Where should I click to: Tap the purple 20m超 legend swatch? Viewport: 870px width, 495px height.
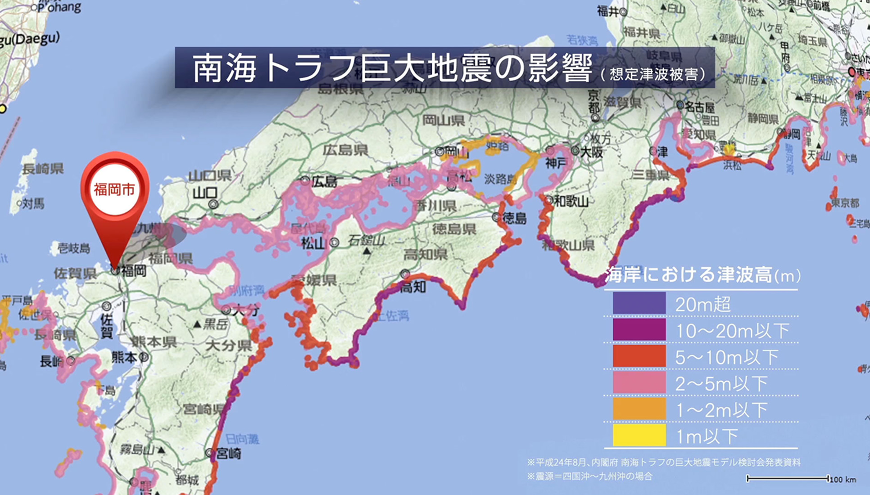pos(639,303)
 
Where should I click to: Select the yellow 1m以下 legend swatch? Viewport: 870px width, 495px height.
pos(639,435)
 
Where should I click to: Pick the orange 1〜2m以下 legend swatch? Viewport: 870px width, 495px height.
pos(639,409)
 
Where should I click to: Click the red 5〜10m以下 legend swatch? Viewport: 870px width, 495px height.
pos(639,356)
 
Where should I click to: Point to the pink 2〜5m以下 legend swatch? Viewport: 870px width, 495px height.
pos(639,383)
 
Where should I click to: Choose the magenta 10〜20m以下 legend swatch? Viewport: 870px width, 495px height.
pos(639,330)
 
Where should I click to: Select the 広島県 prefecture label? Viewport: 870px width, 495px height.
pos(345,150)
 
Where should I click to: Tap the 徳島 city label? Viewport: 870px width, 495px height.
pos(514,219)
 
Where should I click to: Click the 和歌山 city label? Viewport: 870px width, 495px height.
pos(571,201)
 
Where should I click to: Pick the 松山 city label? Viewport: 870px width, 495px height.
pos(313,243)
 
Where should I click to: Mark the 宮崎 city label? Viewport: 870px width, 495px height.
pos(228,454)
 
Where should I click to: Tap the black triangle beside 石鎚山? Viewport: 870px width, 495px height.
pos(367,251)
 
